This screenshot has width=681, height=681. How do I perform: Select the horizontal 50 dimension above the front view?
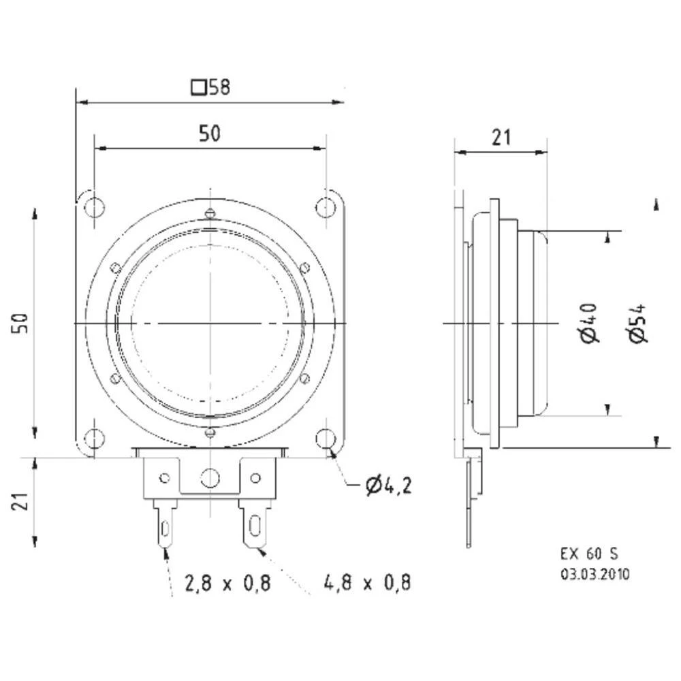[x=210, y=133]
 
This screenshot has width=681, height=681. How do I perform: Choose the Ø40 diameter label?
[x=589, y=323]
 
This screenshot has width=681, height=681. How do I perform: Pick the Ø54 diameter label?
[x=637, y=323]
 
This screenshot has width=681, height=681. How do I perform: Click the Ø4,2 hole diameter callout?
[x=387, y=486]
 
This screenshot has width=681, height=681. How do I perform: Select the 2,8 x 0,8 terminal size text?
[x=227, y=584]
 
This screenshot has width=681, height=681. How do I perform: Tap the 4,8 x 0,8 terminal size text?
[x=368, y=584]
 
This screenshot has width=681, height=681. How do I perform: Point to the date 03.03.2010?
[x=595, y=574]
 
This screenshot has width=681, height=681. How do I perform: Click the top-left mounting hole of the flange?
[x=95, y=206]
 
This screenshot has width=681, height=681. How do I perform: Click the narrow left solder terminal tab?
[x=165, y=524]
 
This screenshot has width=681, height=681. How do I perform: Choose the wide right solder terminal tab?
[x=255, y=524]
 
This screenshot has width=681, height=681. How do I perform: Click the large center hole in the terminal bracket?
[x=210, y=478]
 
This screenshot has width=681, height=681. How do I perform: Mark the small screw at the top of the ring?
[x=210, y=214]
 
